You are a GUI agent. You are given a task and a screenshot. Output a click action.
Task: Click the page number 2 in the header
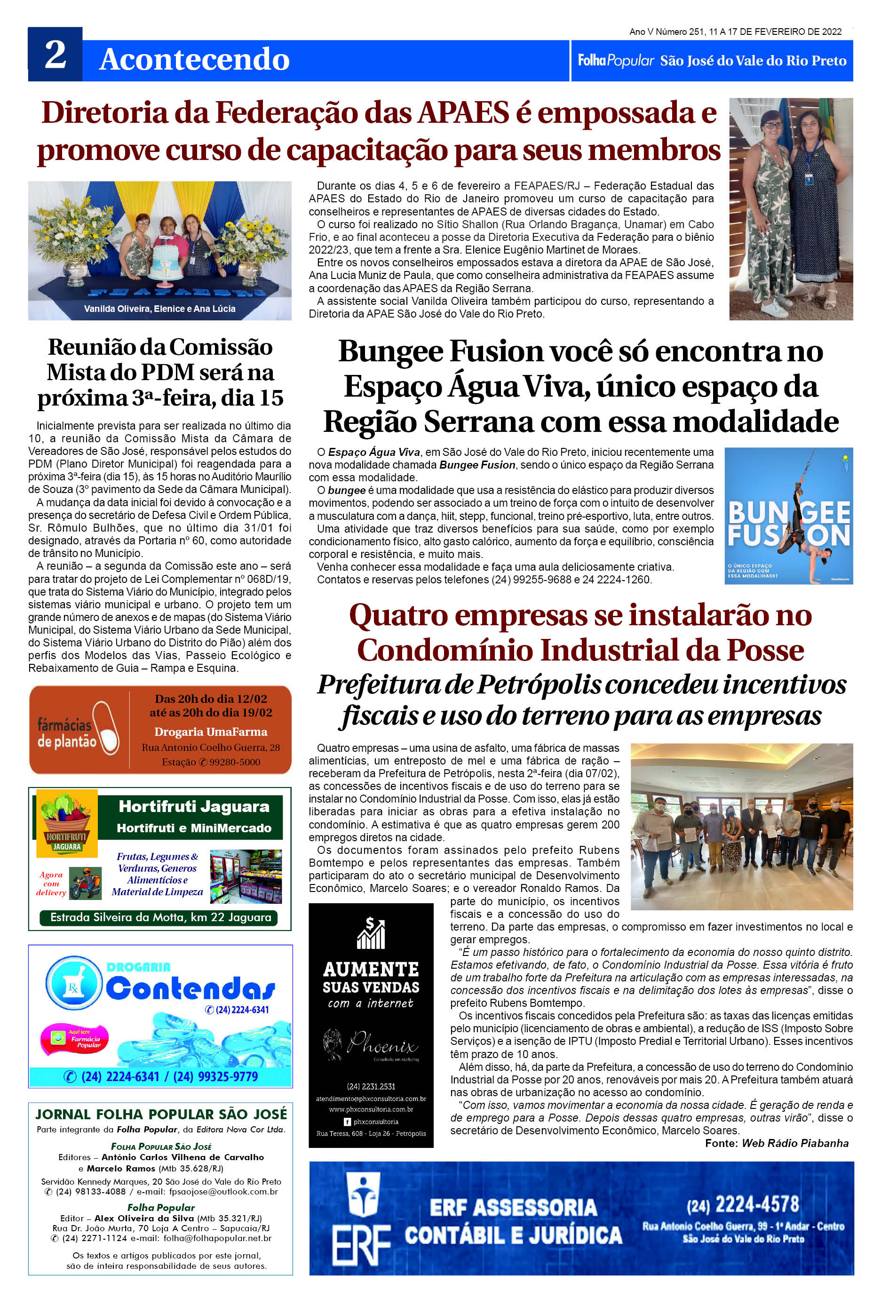(x=55, y=55)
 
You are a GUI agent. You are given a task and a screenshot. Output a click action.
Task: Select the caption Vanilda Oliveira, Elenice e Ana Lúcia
(x=159, y=309)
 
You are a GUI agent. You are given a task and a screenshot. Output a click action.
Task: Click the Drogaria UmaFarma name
(x=211, y=732)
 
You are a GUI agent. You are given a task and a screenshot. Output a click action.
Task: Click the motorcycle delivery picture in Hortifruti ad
(x=86, y=884)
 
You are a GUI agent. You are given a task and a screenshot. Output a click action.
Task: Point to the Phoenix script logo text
(x=382, y=1043)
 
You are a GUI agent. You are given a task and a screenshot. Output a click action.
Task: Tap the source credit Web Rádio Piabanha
(x=794, y=1143)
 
